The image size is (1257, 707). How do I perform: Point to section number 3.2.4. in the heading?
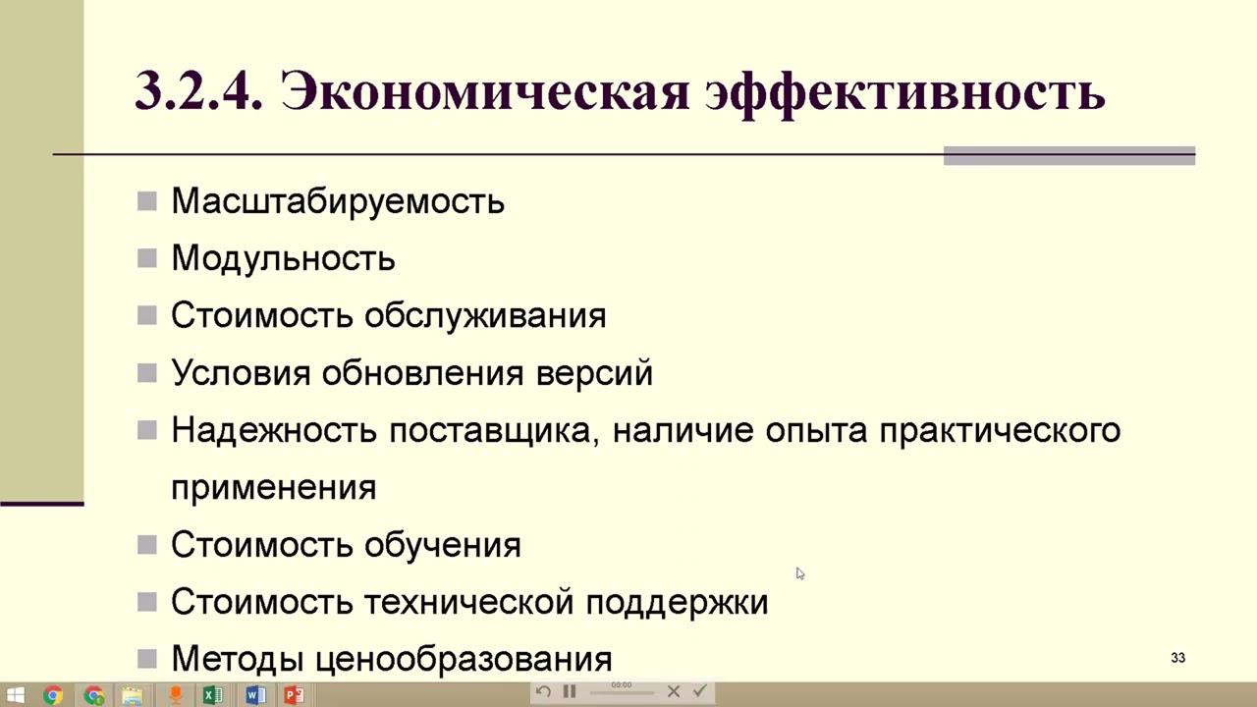click(x=198, y=93)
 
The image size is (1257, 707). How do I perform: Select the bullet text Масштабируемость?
click(x=338, y=201)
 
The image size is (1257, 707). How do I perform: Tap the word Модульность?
click(x=283, y=258)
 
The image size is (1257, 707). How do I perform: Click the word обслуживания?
click(x=485, y=315)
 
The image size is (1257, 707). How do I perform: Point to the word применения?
click(x=273, y=487)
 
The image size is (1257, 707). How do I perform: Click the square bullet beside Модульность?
click(x=147, y=259)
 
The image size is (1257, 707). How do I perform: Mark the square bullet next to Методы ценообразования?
click(x=147, y=659)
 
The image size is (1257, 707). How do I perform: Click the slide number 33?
click(x=1177, y=658)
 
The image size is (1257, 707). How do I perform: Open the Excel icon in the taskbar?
click(x=211, y=695)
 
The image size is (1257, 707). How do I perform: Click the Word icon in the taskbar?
click(x=254, y=695)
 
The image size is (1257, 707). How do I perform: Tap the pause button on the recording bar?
click(x=570, y=691)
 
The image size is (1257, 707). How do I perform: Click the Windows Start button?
click(x=15, y=695)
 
